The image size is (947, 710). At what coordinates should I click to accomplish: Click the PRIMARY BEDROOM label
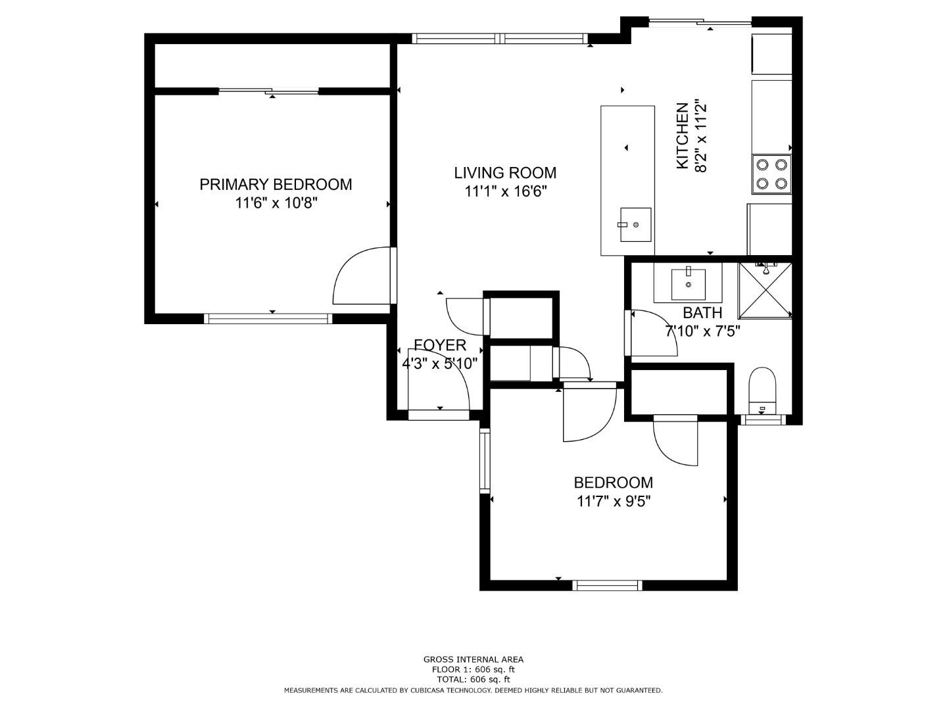tap(276, 185)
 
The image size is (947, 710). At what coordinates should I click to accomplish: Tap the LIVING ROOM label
tap(505, 173)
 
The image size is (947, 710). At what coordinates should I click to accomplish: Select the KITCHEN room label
tap(682, 136)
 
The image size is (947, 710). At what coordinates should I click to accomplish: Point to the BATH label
tap(702, 312)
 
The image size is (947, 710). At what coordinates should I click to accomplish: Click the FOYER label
tap(440, 345)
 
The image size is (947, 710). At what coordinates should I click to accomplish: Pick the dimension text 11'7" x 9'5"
tap(613, 502)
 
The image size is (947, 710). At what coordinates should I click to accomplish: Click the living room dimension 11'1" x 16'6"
tap(505, 191)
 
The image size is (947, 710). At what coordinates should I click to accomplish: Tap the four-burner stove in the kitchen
tap(771, 174)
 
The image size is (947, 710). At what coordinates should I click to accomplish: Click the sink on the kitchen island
tap(635, 225)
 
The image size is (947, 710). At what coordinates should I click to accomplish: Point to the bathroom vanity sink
tap(688, 285)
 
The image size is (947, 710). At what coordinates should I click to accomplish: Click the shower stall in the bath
tap(765, 290)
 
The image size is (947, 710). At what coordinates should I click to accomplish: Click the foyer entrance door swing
tap(438, 379)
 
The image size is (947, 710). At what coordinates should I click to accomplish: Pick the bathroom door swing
tap(652, 333)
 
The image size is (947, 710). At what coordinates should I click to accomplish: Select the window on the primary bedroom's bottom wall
tap(268, 319)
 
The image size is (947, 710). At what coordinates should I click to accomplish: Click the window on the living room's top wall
tap(500, 39)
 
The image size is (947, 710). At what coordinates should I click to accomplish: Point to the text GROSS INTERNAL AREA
tap(473, 659)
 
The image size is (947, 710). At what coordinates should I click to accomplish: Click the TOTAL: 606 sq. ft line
tap(473, 680)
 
